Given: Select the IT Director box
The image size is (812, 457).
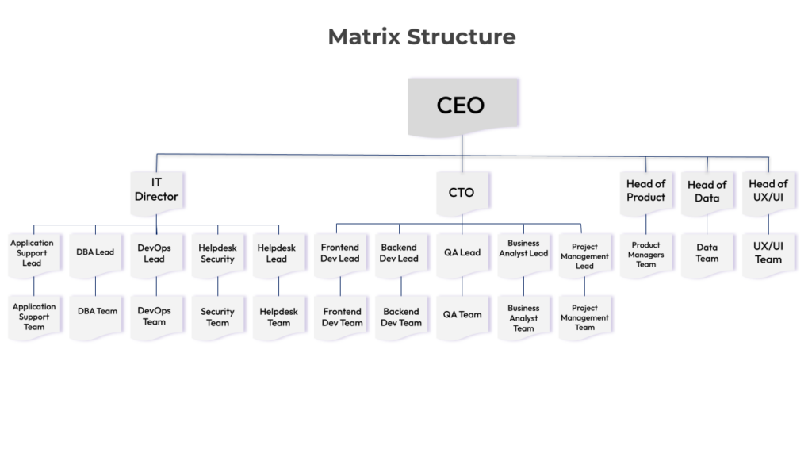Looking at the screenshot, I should point(156,190).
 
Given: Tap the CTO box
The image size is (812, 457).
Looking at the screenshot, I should point(462,192).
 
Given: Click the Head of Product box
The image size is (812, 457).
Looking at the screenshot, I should point(645,190).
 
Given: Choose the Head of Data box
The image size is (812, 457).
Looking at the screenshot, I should point(707,191).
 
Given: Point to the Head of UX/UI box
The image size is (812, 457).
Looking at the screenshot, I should point(768,190).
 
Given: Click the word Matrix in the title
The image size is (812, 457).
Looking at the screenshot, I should point(363,36).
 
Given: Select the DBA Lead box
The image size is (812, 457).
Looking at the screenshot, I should point(95,252).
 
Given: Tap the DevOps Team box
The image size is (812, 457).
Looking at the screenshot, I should point(156,316).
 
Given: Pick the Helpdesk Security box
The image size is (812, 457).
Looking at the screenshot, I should point(217,253).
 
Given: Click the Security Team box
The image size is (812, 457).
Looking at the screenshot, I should point(217,317).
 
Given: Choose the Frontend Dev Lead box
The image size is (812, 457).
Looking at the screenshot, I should point(340,253).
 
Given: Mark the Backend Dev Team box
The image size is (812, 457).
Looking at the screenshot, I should point(400,317).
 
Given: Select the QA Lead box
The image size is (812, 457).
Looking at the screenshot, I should point(462,253).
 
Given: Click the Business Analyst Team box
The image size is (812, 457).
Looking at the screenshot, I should point(523,317).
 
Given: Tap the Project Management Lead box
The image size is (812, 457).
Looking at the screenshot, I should point(584,255).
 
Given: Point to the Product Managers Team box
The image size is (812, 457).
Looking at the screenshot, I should point(645,254).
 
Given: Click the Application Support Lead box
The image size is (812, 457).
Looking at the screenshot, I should point(33,253).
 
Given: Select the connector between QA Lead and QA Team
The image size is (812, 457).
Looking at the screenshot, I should point(462,286).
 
